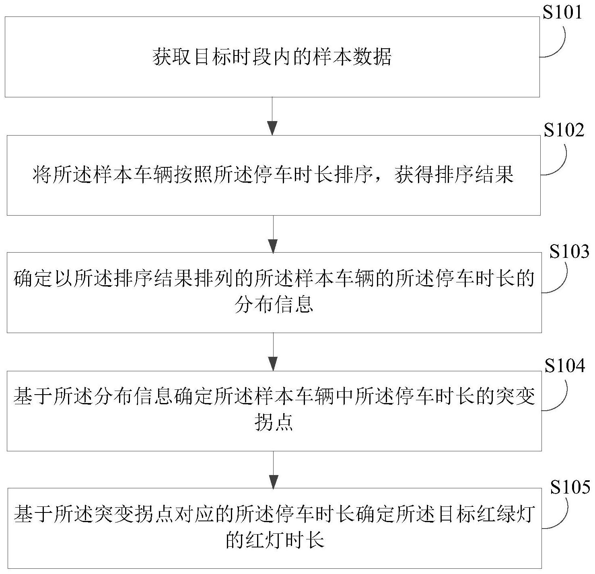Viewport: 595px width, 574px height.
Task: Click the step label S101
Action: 562,13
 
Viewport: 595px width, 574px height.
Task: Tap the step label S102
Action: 564,130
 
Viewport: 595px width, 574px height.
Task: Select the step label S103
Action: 569,252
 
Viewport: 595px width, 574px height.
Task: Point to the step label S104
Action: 565,366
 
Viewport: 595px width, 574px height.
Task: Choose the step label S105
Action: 570,487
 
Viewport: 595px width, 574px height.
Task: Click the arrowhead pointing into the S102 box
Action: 272,128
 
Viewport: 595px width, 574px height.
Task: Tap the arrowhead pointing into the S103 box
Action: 273,246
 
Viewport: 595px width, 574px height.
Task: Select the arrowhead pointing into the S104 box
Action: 273,364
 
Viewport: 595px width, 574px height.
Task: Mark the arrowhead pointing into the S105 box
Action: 273,482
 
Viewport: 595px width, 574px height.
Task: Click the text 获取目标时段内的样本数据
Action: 272,57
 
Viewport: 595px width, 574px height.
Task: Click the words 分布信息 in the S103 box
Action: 274,305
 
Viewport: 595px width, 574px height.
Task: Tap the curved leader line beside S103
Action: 555,278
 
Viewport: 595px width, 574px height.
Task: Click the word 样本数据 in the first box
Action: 352,57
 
